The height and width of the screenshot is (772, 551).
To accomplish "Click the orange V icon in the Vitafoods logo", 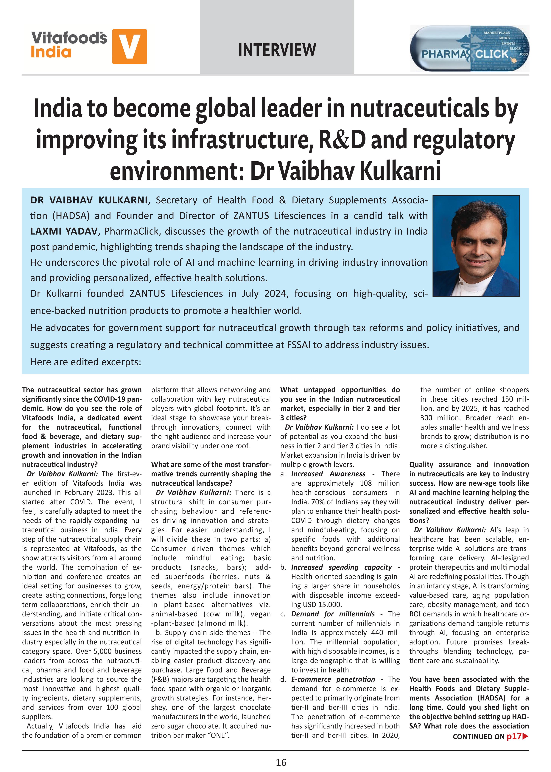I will (x=129, y=47).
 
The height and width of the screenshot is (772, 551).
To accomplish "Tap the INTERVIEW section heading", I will (x=277, y=50).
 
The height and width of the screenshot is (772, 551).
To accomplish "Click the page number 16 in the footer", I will (x=281, y=762).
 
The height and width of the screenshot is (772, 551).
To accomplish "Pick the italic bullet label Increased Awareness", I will (x=328, y=474).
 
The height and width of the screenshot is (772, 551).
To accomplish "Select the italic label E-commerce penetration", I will (x=333, y=679).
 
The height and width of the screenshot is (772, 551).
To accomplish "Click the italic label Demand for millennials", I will (x=333, y=614).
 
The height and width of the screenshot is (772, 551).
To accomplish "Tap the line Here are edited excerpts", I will (x=85, y=362).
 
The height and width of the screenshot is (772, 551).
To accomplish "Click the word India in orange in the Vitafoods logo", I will (x=51, y=52).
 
